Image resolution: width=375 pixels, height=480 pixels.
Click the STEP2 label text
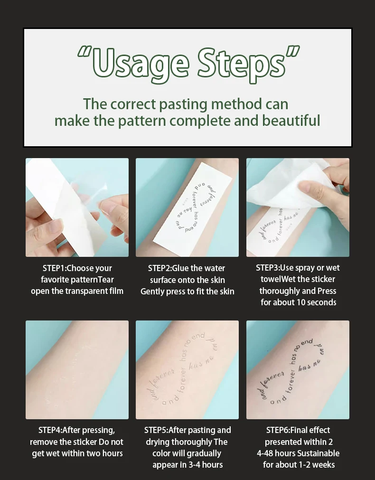[159, 268]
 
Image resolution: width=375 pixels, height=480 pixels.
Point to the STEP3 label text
[267, 268]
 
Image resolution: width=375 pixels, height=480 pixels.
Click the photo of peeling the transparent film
[77, 207]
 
